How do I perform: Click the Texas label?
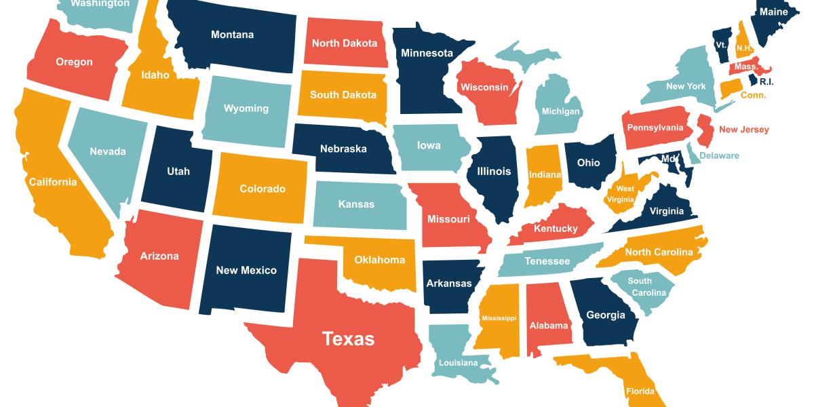348,338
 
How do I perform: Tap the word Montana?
232,35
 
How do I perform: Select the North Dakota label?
345,43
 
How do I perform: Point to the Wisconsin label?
484,88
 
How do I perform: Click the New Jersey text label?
744,130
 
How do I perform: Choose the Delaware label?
719,156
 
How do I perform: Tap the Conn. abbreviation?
753,96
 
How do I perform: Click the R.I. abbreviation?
767,81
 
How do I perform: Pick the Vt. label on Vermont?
721,45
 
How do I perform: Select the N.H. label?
743,48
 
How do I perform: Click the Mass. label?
746,67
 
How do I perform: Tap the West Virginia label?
625,194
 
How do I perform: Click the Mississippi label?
499,318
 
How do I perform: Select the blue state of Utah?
178,172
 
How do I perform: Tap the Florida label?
640,391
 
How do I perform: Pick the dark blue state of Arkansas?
448,283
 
